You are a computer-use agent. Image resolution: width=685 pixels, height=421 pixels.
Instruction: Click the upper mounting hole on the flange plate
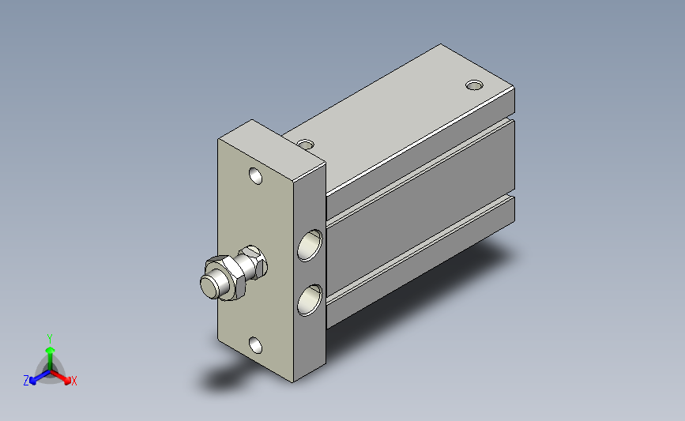point(255,176)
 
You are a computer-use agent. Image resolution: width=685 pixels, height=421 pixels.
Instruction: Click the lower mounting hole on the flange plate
point(255,345)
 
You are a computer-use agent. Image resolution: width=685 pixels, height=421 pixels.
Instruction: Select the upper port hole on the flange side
point(311,246)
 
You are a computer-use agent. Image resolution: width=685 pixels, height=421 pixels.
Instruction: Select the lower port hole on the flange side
point(311,300)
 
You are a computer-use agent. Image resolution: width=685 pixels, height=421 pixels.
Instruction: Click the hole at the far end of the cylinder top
point(474,85)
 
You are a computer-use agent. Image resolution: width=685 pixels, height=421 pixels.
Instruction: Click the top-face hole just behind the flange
point(306,144)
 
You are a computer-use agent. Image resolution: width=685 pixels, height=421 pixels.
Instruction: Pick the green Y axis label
point(50,339)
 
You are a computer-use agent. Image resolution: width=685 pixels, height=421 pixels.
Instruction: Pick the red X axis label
point(73,381)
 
